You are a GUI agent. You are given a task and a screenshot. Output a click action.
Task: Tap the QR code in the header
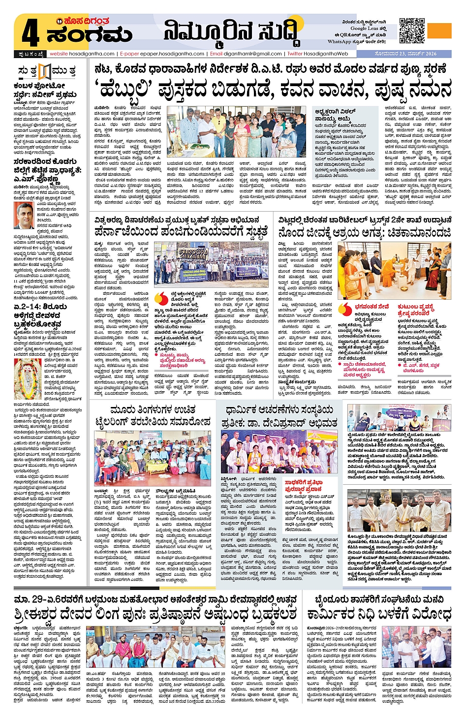[412, 31]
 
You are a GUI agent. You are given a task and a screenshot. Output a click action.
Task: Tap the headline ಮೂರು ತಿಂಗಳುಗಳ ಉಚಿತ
[153, 410]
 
